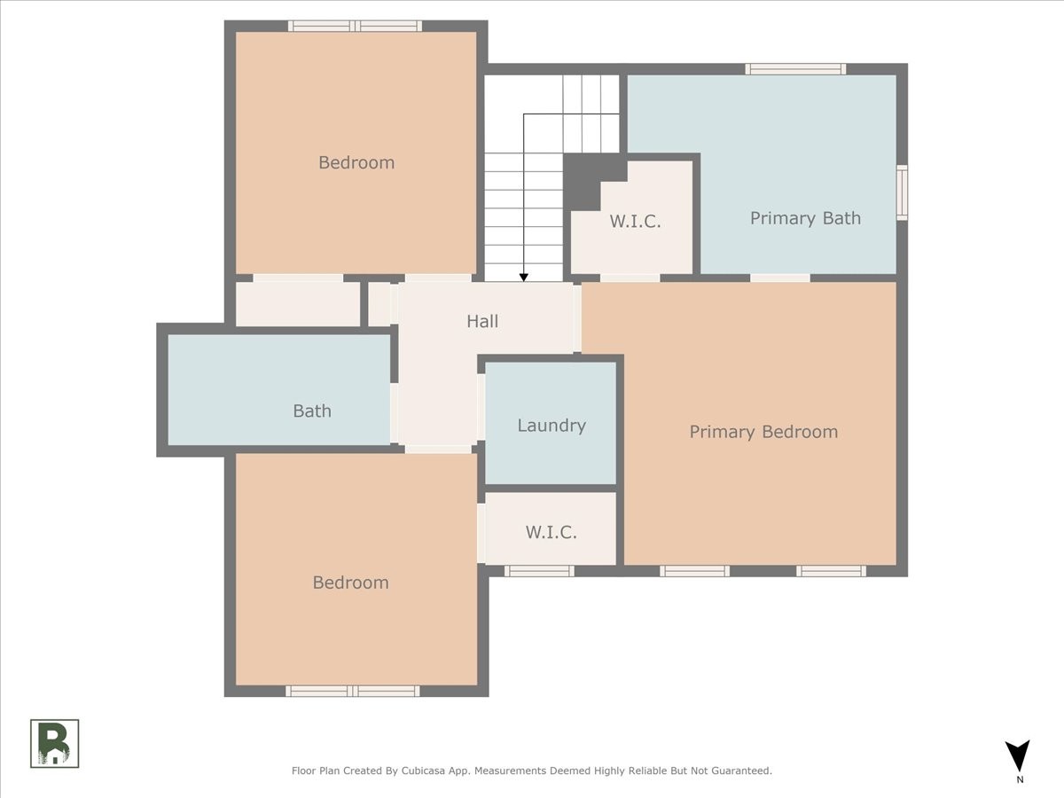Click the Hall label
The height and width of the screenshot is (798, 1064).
482,321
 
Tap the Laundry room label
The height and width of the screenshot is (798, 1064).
552,426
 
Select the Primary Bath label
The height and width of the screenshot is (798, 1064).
806,218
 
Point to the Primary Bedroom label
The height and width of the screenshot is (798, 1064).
763,432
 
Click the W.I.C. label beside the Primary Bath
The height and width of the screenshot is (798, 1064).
635,222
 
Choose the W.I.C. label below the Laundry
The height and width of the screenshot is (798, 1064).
552,533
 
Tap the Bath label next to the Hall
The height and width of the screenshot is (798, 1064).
312,411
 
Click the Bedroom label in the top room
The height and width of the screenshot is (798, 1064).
356,162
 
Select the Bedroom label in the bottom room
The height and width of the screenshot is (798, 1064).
351,583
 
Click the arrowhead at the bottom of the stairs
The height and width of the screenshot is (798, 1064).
523,278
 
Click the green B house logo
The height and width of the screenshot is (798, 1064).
54,744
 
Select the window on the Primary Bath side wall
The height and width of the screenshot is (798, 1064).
902,192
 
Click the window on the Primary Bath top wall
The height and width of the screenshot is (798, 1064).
795,69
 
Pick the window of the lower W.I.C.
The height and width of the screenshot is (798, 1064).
539,571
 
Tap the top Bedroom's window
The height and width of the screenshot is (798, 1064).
356,27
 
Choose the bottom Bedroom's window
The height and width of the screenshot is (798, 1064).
352,691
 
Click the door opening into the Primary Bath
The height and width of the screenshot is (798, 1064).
780,278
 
